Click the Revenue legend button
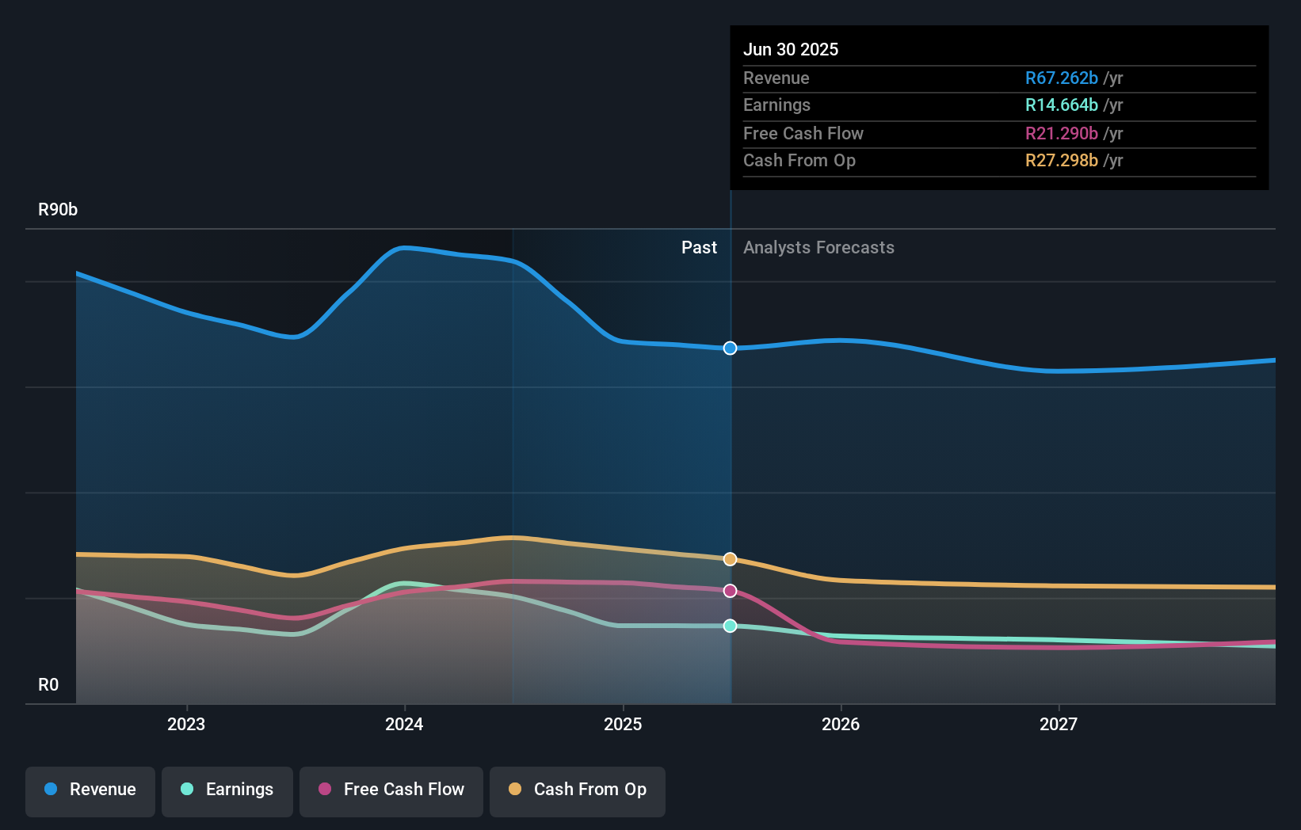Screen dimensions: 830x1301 [x=90, y=790]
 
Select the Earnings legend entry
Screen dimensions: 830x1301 [x=227, y=790]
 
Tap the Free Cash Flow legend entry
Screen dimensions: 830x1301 [x=391, y=790]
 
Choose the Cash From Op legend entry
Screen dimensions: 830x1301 [x=578, y=790]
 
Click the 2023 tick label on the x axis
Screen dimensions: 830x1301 [x=186, y=724]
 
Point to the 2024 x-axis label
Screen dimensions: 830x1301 [x=404, y=724]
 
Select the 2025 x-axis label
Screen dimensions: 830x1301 [x=623, y=724]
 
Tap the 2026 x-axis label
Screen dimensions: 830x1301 [x=841, y=724]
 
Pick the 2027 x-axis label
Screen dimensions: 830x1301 [x=1059, y=724]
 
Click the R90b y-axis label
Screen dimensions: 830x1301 [x=58, y=210]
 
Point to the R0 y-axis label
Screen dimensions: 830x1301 [x=48, y=685]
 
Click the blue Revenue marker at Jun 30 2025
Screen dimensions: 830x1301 [x=731, y=348]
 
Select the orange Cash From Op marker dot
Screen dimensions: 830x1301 [x=731, y=559]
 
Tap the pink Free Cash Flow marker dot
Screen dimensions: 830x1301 [x=731, y=591]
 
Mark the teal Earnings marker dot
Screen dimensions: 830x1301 [x=731, y=626]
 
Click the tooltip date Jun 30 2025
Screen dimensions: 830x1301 [x=790, y=49]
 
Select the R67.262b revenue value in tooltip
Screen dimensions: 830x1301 [x=1061, y=78]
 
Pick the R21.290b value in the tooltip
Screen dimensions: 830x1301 [x=1061, y=134]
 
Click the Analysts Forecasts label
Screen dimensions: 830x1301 [x=818, y=248]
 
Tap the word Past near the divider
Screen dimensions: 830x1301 [x=699, y=248]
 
